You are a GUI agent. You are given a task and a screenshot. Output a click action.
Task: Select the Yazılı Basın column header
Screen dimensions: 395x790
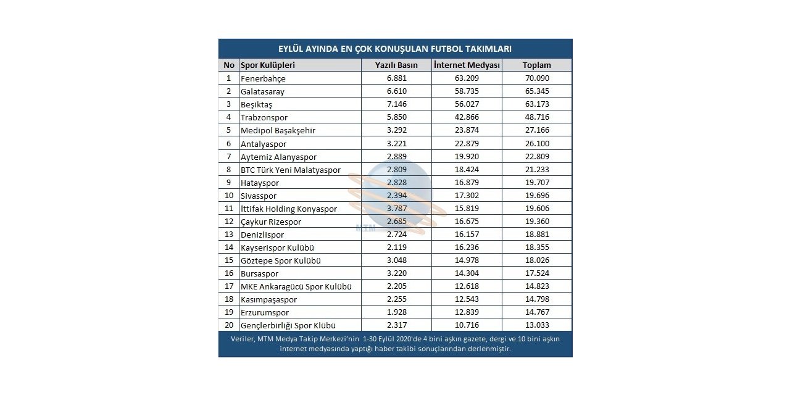click(396, 65)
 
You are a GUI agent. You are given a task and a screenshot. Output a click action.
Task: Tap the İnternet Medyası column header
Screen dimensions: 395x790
click(467, 65)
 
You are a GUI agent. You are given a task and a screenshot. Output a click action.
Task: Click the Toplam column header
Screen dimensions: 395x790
click(536, 65)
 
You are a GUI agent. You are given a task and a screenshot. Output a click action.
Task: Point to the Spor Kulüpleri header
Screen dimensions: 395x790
click(268, 65)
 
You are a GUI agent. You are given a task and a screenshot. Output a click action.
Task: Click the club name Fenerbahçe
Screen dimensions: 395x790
click(263, 78)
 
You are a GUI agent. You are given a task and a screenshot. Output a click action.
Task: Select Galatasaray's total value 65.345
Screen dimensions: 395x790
click(536, 91)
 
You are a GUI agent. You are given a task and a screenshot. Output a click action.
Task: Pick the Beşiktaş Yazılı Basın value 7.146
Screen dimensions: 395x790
click(397, 104)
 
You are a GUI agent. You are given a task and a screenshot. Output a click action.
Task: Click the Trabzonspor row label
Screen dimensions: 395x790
click(264, 117)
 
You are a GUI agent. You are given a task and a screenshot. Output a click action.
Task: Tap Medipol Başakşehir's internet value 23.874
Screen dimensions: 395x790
click(467, 130)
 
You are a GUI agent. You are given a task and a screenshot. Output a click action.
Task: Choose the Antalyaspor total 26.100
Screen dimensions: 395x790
click(536, 143)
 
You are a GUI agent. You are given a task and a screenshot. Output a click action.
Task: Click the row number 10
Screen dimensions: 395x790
click(228, 196)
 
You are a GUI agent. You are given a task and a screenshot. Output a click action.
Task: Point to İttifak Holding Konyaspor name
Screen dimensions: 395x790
click(289, 209)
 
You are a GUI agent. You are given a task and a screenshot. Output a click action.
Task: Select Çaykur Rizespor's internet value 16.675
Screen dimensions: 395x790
click(467, 222)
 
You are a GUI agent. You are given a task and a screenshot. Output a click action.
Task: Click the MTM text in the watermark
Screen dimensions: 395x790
click(365, 227)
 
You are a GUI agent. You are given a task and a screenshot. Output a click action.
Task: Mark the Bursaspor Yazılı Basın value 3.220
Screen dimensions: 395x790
click(397, 273)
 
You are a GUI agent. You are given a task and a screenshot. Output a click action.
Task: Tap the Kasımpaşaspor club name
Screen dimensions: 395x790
click(268, 299)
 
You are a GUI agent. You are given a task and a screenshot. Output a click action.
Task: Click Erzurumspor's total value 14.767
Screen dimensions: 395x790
click(536, 312)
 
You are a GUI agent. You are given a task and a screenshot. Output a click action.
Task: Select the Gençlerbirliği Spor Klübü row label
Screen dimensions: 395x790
click(288, 325)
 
